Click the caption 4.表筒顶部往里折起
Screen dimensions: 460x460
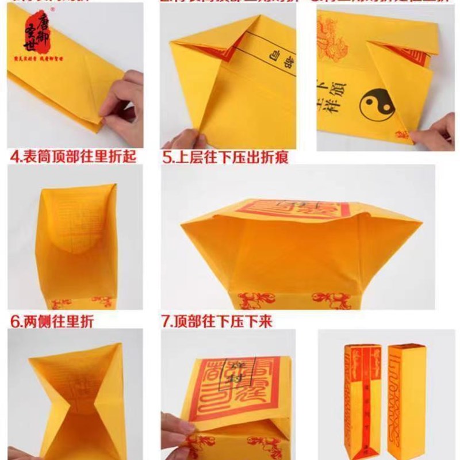[x=72, y=156]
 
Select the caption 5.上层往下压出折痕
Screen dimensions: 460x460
[x=225, y=156]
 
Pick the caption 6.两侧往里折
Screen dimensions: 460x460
[x=52, y=321]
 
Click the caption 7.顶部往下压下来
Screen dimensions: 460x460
[x=217, y=321]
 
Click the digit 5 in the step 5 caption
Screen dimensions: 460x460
[x=166, y=156]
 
